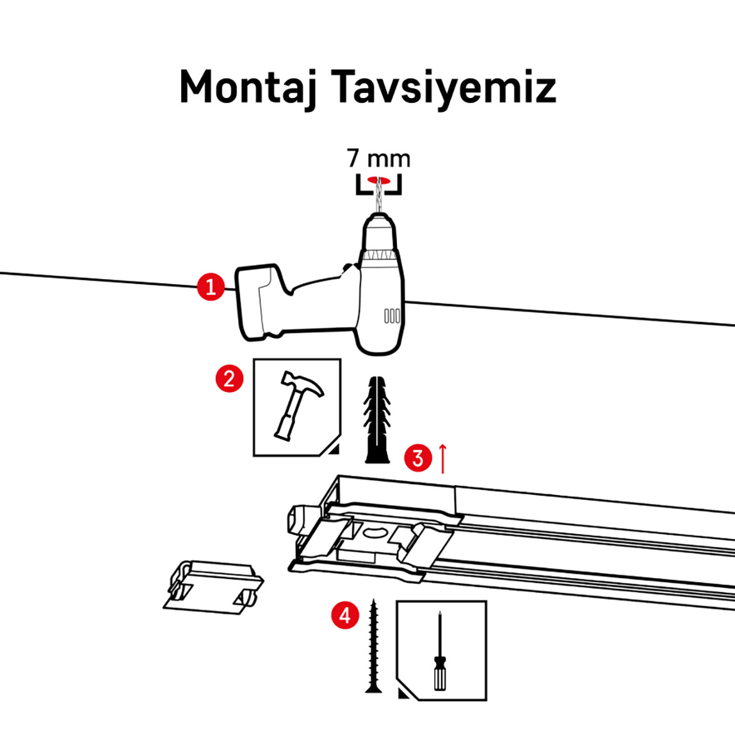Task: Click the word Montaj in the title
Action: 250,87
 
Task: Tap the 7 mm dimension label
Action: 378,157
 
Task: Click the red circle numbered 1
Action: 211,286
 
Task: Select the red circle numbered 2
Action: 229,378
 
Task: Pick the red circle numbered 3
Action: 418,458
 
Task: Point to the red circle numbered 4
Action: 345,616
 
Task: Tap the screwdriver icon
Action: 439,650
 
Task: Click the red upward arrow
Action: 442,459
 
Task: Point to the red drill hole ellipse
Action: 378,180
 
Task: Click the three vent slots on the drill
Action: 391,315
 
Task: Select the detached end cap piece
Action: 211,585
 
